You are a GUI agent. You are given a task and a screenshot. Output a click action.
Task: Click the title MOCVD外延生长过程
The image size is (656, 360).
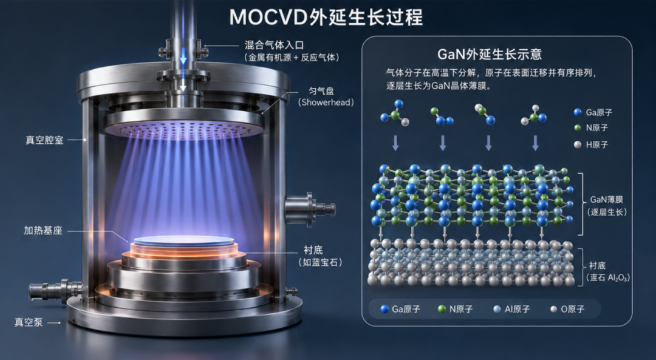pyautogui.click(x=326, y=17)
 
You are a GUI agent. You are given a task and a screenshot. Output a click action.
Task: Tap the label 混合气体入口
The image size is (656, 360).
pyautogui.click(x=274, y=45)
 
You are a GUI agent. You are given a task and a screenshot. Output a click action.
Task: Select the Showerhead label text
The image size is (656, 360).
pyautogui.click(x=326, y=103)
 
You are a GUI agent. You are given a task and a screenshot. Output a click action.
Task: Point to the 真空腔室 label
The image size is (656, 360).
pyautogui.click(x=44, y=140)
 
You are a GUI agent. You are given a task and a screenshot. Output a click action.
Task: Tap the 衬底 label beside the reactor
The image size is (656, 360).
pyautogui.click(x=313, y=250)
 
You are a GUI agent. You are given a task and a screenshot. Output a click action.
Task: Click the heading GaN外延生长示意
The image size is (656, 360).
pyautogui.click(x=490, y=55)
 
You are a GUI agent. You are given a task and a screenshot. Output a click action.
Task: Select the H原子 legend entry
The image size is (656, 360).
pyautogui.click(x=591, y=144)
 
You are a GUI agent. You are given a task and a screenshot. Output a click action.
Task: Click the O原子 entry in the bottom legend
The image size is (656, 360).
pyautogui.click(x=567, y=309)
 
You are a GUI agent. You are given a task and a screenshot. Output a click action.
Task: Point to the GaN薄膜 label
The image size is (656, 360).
pyautogui.click(x=607, y=200)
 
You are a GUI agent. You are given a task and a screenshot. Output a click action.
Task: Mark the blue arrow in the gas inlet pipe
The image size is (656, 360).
pyautogui.click(x=183, y=56)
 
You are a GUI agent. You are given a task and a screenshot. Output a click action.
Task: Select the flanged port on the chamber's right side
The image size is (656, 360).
pyautogui.click(x=310, y=208)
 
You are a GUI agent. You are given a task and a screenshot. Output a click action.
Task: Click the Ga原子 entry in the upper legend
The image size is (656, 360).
pyautogui.click(x=593, y=112)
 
